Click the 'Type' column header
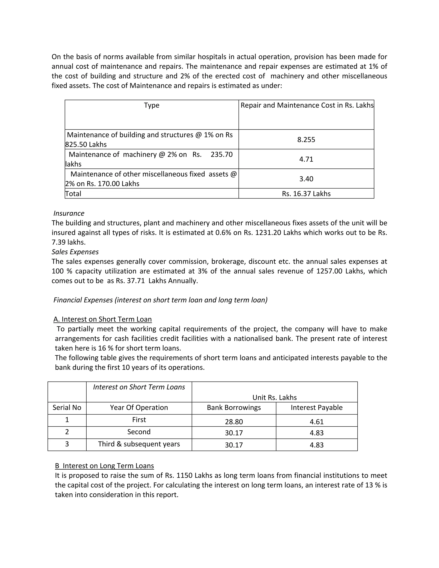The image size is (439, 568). [152, 105]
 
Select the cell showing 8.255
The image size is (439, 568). [306, 140]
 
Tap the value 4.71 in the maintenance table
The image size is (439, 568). [306, 159]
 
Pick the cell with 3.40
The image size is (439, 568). [306, 179]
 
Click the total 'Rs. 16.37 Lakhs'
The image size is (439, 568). [306, 194]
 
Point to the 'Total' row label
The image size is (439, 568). [73, 194]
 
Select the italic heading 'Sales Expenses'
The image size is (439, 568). [75, 252]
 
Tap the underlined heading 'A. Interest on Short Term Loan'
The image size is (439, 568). [102, 319]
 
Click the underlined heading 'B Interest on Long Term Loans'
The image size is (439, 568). [104, 466]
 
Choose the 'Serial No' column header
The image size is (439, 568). [67, 407]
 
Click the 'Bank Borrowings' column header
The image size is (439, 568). [234, 407]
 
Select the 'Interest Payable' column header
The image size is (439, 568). [317, 407]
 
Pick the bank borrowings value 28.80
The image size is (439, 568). [234, 422]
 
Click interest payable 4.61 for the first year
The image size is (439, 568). [317, 422]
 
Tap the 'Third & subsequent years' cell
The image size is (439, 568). [139, 444]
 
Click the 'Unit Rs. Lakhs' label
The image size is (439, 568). [274, 397]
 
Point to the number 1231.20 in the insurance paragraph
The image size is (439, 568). [268, 233]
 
